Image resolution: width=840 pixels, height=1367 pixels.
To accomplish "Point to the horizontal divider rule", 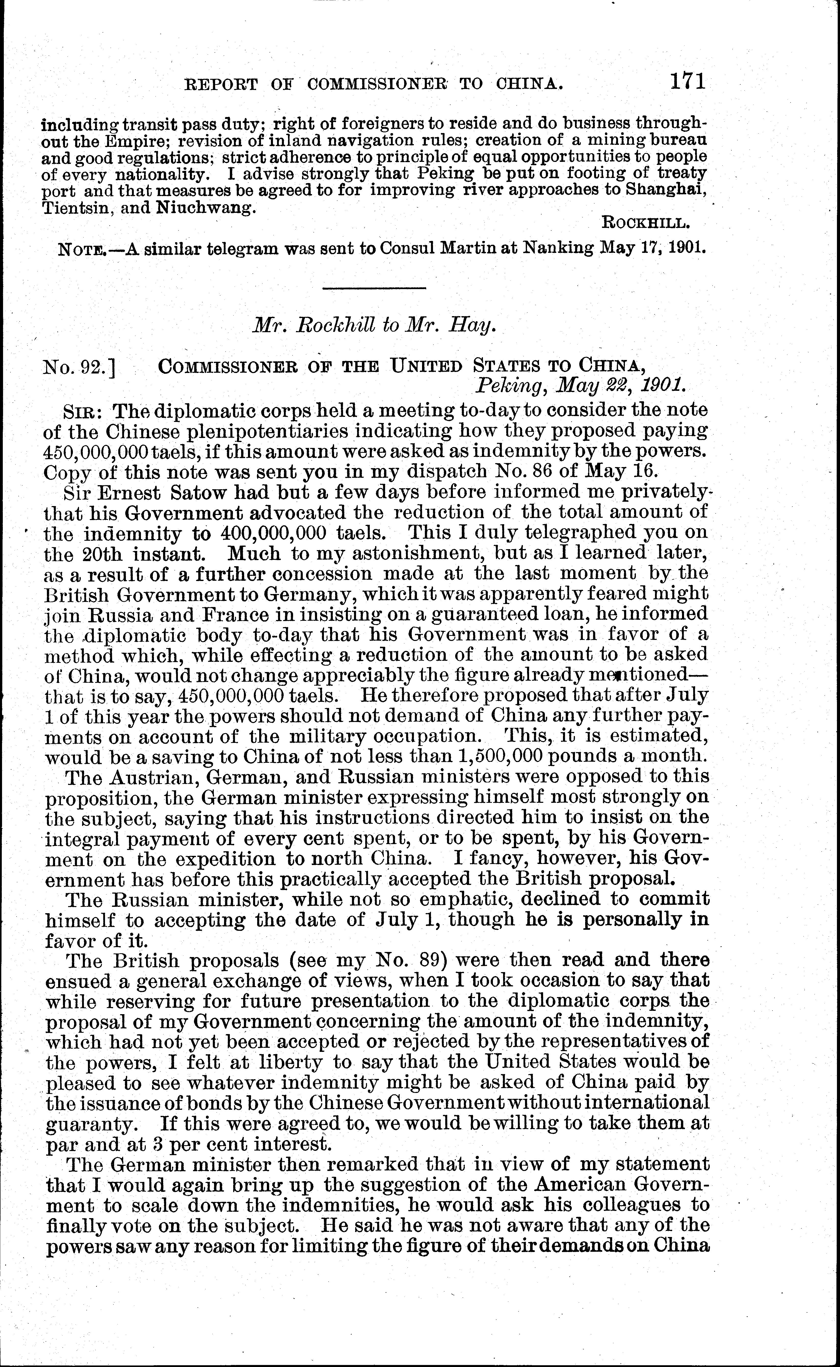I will pos(374,288).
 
